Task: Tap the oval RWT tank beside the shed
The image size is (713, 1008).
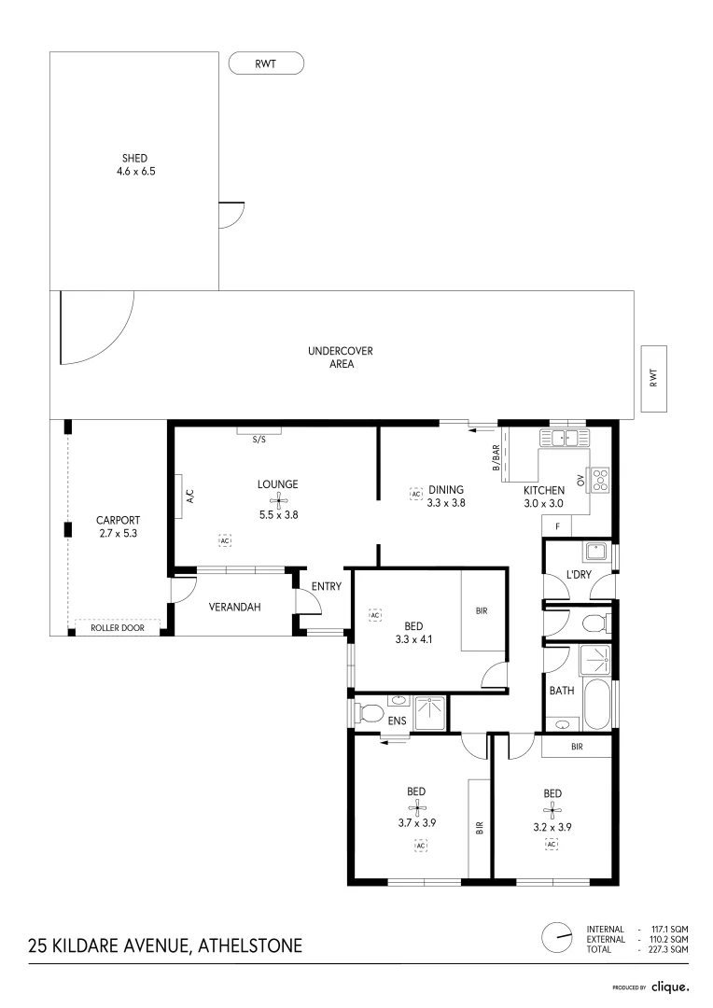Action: [x=266, y=63]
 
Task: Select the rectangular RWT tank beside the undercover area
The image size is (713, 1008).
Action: [x=654, y=379]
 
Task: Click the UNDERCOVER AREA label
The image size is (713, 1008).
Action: [x=340, y=357]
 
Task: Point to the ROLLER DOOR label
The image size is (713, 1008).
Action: [x=117, y=628]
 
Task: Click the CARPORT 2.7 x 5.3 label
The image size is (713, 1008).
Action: [x=119, y=526]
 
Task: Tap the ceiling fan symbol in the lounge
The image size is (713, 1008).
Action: [x=279, y=500]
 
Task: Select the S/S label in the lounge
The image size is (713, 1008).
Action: [x=259, y=440]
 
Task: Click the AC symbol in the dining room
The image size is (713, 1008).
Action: [x=416, y=494]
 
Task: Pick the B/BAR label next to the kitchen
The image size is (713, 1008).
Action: [x=496, y=458]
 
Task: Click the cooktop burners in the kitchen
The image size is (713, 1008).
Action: [x=600, y=479]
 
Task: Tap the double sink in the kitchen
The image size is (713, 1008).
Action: [x=564, y=438]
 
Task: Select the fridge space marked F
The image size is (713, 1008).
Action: [x=557, y=526]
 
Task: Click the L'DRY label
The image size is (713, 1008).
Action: [x=579, y=574]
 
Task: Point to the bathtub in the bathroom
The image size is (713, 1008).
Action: [x=596, y=705]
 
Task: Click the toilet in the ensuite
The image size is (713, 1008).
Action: [x=369, y=713]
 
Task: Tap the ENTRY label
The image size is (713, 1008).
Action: [x=327, y=586]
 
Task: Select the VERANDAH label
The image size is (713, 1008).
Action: [x=234, y=607]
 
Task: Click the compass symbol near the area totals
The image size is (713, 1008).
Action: [x=557, y=938]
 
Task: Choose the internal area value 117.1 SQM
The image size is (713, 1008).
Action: [x=670, y=930]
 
